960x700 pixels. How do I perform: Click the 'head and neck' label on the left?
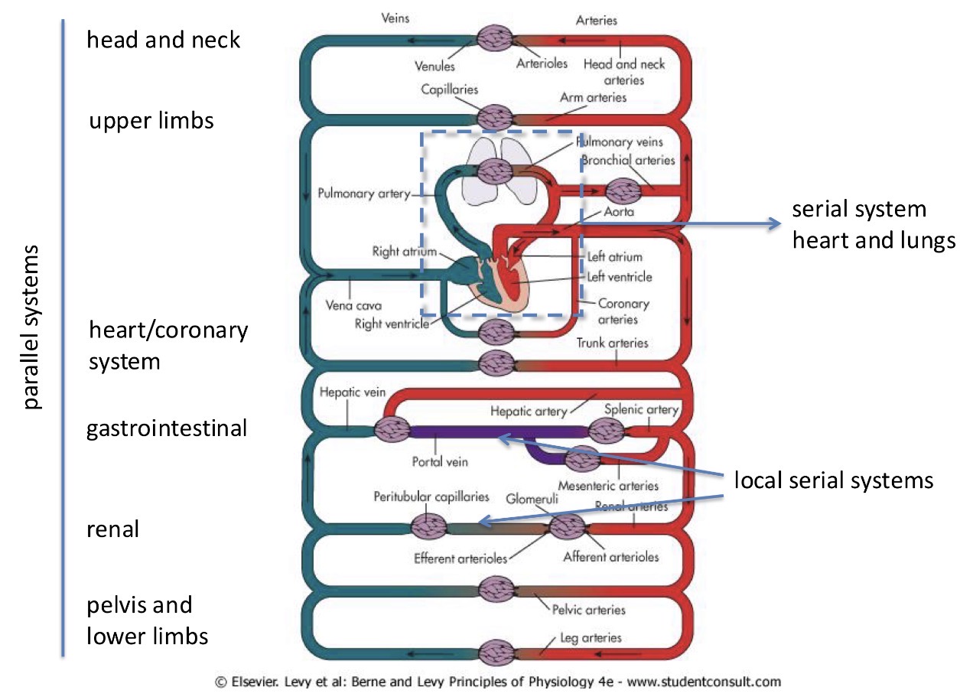tap(164, 40)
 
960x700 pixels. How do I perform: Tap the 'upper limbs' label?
tap(151, 121)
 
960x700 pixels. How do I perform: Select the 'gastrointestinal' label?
tap(167, 428)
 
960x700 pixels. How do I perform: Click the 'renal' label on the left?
tap(113, 529)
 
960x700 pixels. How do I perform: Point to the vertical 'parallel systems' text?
tap(31, 327)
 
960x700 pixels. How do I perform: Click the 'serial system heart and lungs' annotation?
tap(873, 225)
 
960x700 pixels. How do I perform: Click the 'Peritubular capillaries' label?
tap(431, 497)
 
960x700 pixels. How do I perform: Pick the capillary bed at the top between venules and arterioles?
tap(496, 38)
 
